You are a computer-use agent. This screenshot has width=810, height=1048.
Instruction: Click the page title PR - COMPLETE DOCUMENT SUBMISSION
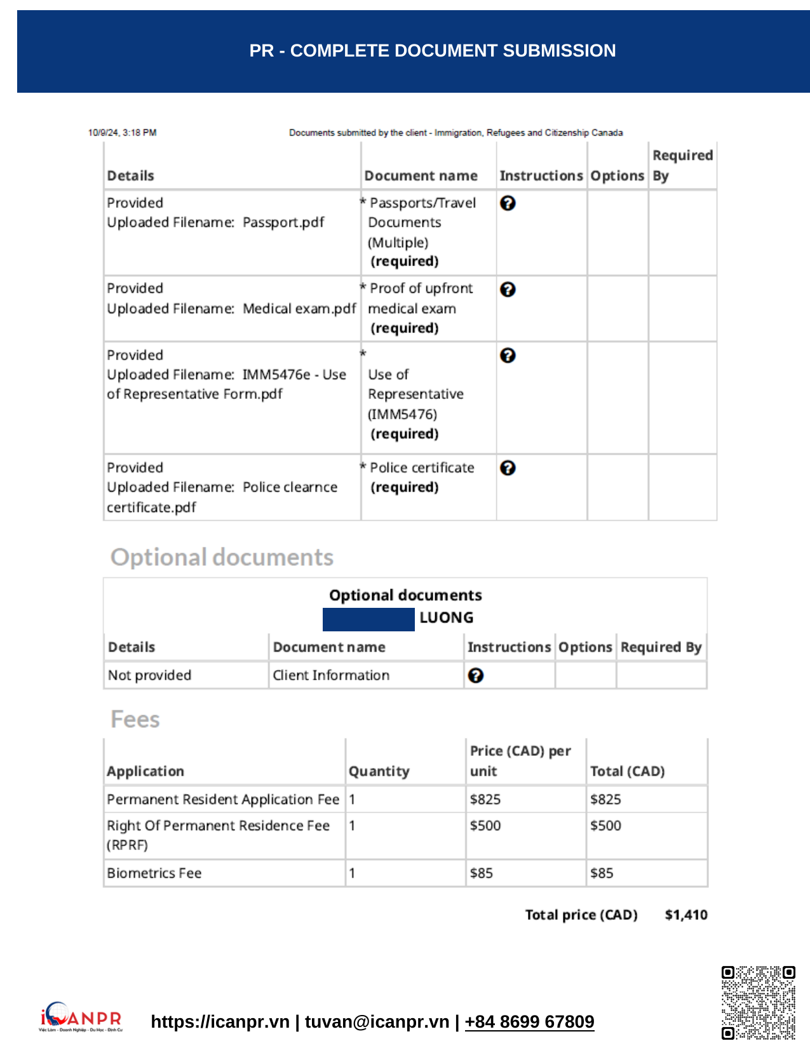click(x=432, y=51)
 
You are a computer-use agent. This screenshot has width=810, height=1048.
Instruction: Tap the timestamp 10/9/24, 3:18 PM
click(x=122, y=133)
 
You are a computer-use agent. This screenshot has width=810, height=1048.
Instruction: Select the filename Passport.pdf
click(x=283, y=222)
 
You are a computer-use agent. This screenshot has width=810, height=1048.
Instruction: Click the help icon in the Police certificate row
click(x=508, y=468)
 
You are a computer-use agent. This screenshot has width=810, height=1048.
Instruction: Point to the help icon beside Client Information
click(x=475, y=676)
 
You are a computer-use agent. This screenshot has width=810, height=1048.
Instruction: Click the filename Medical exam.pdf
click(x=299, y=309)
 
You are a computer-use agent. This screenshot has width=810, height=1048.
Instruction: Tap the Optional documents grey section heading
click(x=222, y=557)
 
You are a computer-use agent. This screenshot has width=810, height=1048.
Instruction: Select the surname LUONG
click(x=446, y=617)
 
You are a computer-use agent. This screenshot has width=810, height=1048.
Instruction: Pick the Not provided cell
click(x=149, y=675)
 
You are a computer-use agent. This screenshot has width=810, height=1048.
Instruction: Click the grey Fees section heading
click(x=135, y=719)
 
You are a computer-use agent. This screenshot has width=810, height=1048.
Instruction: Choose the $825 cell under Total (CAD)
click(x=605, y=799)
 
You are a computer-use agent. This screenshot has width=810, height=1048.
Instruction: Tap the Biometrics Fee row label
click(x=154, y=873)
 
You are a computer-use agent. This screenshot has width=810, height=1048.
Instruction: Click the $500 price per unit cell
click(x=485, y=826)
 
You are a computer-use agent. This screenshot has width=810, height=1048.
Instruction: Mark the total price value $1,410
click(x=685, y=915)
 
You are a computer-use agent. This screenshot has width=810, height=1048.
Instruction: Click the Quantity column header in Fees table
click(x=379, y=771)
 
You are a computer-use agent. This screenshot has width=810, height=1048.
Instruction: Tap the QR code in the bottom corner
click(x=758, y=1003)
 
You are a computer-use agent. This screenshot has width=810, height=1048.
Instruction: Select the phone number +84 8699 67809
click(x=529, y=1021)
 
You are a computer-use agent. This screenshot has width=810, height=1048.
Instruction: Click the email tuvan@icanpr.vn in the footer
click(x=377, y=1021)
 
